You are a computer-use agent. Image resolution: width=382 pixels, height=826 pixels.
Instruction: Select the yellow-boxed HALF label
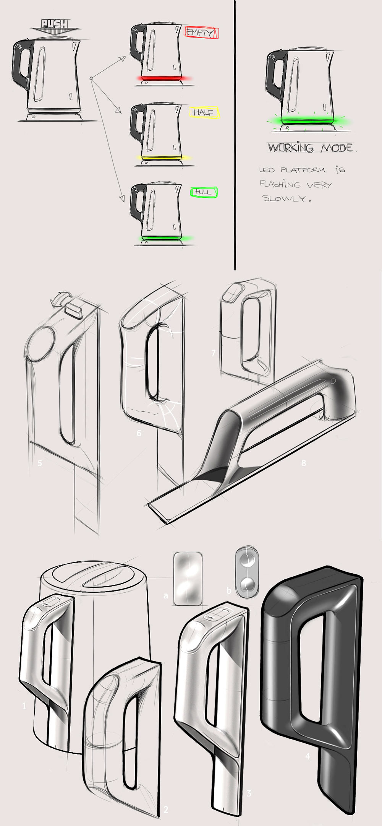click(x=204, y=112)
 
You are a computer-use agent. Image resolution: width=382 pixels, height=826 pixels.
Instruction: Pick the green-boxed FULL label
click(x=203, y=192)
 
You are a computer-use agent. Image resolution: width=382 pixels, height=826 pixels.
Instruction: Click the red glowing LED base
click(x=162, y=79)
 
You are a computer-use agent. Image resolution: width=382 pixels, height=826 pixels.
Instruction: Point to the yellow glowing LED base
click(x=162, y=158)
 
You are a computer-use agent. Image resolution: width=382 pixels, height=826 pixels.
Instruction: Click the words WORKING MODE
click(x=310, y=148)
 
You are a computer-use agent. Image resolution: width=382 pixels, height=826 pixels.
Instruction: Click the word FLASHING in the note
click(x=280, y=184)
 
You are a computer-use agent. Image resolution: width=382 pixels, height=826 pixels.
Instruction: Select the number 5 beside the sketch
click(x=40, y=463)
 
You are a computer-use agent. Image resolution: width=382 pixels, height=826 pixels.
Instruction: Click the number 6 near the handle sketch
click(x=139, y=433)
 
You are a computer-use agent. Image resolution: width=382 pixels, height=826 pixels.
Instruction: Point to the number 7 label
click(x=214, y=353)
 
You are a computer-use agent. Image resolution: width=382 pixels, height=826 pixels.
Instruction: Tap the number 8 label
click(x=304, y=463)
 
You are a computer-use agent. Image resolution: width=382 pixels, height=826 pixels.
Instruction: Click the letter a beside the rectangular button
click(x=166, y=595)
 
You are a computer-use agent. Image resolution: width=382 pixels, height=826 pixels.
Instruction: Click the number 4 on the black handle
click(x=308, y=756)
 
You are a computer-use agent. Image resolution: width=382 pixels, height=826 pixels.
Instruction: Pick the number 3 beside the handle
click(x=249, y=793)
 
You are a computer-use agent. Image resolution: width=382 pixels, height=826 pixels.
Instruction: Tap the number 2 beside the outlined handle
click(x=166, y=810)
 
